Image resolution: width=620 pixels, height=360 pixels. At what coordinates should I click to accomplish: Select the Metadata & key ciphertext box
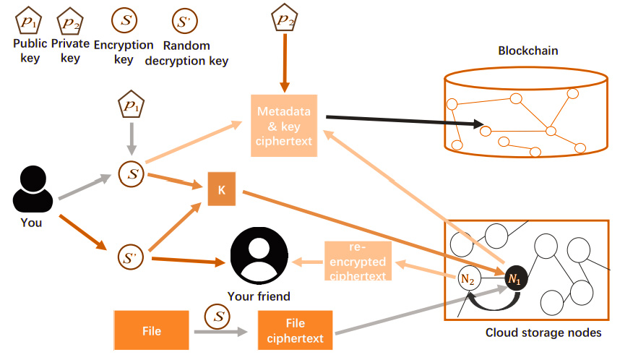tap(285, 126)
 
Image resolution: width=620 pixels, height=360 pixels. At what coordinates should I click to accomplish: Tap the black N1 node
tap(514, 278)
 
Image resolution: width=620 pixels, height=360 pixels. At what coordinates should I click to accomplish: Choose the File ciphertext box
tap(295, 331)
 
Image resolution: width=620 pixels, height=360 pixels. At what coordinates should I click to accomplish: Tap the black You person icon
tap(32, 189)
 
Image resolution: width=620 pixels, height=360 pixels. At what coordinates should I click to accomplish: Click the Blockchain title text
tap(528, 51)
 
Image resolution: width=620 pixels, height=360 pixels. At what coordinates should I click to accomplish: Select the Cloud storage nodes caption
tap(543, 333)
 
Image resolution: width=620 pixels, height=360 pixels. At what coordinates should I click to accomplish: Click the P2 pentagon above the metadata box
tap(282, 20)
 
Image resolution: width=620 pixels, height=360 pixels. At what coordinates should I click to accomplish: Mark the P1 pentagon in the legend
tap(27, 20)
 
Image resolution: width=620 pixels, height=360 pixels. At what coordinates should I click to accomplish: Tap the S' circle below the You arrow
tap(130, 257)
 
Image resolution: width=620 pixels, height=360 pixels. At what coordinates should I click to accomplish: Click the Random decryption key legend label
tap(186, 53)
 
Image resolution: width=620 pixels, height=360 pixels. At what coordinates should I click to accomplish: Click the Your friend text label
tap(258, 296)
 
